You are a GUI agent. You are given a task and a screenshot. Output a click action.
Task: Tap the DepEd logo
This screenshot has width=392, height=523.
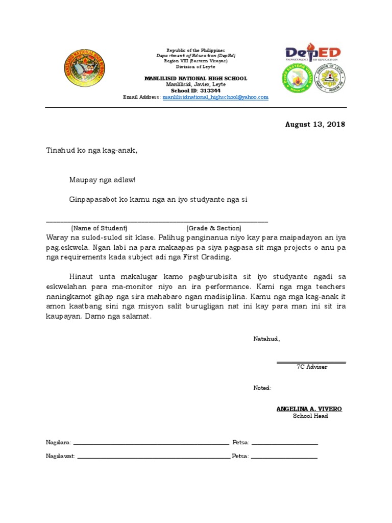pyautogui.click(x=312, y=53)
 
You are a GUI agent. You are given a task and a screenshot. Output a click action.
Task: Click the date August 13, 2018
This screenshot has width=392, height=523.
pyautogui.click(x=315, y=125)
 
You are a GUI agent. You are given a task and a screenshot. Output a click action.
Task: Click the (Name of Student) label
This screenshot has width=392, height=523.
pyautogui.click(x=99, y=228)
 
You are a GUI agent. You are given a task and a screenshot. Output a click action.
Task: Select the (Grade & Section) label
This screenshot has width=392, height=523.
pyautogui.click(x=214, y=228)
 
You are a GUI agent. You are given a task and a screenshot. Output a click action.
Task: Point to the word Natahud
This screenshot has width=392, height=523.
pyautogui.click(x=266, y=339)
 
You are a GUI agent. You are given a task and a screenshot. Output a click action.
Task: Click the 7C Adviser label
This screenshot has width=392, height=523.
pyautogui.click(x=311, y=367)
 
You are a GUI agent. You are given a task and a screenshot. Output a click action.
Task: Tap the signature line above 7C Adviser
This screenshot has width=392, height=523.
pyautogui.click(x=311, y=363)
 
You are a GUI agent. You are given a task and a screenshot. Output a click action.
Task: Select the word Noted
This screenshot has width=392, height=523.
pyautogui.click(x=262, y=388)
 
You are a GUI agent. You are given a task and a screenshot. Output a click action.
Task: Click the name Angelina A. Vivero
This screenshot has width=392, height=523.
pyautogui.click(x=309, y=409)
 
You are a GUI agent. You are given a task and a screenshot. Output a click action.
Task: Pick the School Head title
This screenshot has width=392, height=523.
pyautogui.click(x=310, y=416)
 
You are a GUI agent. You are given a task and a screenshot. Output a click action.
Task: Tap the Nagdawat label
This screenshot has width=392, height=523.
pyautogui.click(x=61, y=456)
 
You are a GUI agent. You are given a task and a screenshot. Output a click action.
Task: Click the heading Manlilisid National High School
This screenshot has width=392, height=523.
pyautogui.click(x=196, y=79)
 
